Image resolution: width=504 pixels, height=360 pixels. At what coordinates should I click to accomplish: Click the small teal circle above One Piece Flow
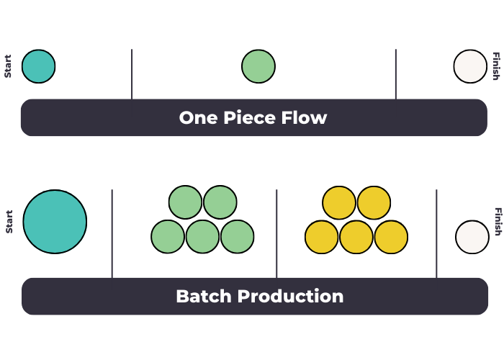point(39,66)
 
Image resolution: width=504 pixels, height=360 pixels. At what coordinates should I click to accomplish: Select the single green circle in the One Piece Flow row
point(258,66)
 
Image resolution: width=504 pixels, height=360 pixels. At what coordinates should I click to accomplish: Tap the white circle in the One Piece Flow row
point(470,66)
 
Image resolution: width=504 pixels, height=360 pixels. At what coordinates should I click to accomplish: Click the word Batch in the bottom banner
point(203,296)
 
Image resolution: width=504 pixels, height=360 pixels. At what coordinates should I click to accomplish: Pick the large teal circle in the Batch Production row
point(55,222)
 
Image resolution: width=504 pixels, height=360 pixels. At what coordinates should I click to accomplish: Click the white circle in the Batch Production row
point(472,238)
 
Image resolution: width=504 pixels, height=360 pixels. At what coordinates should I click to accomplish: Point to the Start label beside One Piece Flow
point(8,66)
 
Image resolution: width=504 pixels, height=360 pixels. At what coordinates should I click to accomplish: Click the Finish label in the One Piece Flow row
point(495,66)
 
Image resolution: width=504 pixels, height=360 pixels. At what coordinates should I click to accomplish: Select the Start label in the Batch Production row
point(9,222)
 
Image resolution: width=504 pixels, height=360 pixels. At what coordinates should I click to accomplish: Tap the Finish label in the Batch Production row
point(497,222)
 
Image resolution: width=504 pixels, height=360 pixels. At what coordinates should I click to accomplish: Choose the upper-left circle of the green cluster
point(186,202)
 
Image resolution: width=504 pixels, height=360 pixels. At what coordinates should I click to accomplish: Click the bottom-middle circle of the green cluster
point(203,237)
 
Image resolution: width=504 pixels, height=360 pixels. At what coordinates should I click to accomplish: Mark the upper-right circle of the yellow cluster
point(374,202)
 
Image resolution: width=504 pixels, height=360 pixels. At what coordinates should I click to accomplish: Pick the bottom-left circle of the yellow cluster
point(322,237)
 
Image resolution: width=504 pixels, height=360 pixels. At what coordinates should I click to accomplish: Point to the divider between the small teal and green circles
point(132,73)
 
